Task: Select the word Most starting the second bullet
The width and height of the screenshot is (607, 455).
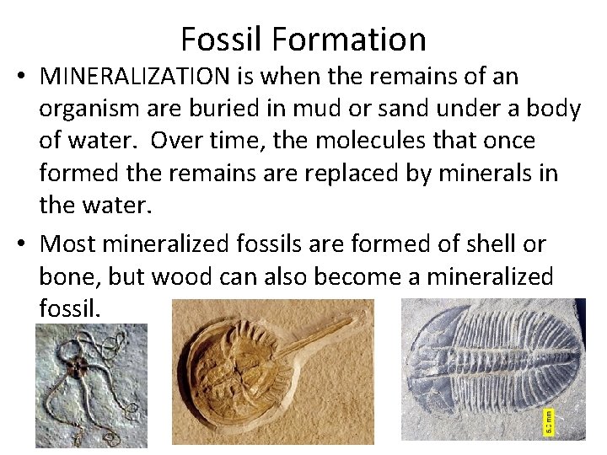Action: (68, 244)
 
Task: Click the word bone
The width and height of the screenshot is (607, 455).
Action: (69, 276)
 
